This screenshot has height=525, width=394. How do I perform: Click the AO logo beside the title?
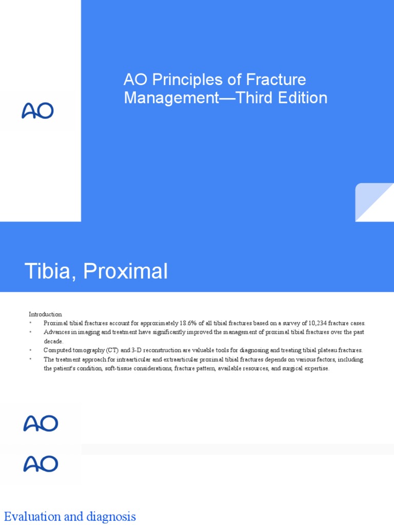37,111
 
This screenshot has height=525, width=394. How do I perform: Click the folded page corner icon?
375,203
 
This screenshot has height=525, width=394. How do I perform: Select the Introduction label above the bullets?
45,314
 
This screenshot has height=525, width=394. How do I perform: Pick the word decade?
53,341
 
